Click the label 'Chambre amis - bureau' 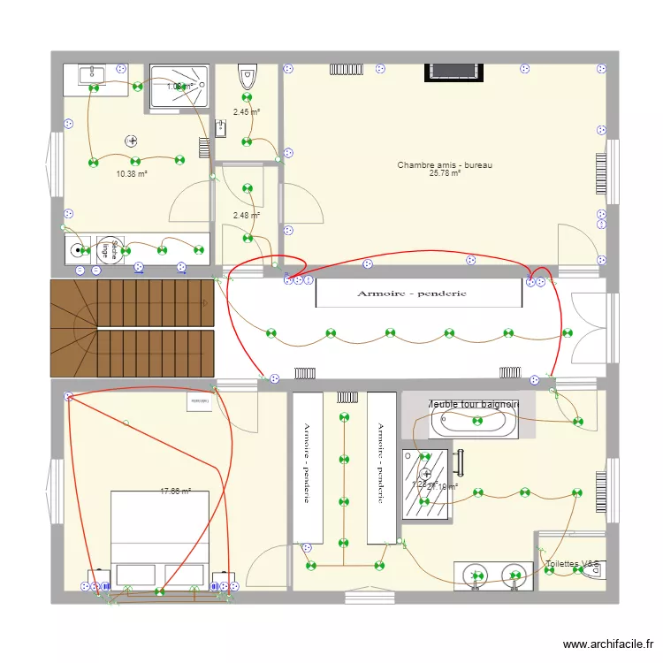445,164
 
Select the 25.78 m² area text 445,173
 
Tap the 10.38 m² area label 132,174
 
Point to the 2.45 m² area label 247,111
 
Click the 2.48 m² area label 247,215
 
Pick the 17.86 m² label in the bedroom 175,492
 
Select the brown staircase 133,327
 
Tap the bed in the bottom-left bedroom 159,539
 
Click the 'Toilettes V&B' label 573,563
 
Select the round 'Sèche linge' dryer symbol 110,250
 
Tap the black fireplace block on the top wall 453,72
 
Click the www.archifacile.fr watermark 610,645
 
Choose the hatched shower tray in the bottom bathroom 422,484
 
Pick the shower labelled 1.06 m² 179,88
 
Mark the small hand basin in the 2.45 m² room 221,129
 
